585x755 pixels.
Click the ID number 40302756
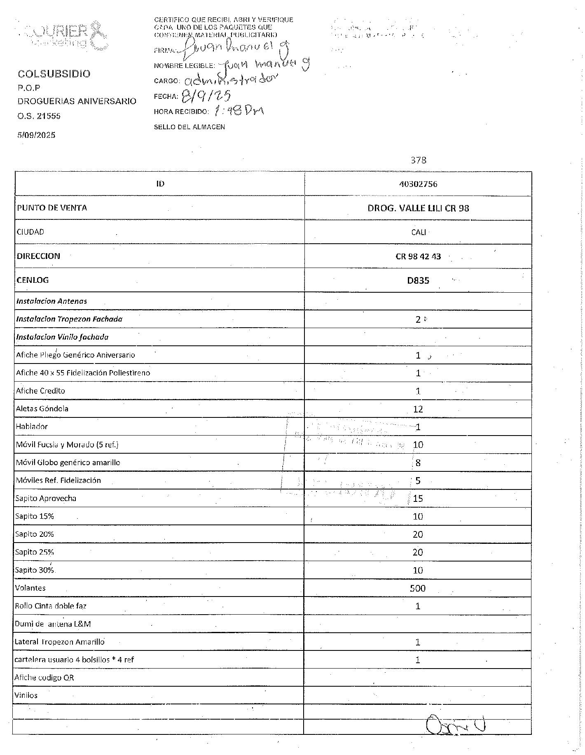click(x=418, y=184)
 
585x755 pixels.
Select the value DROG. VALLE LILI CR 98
click(x=418, y=208)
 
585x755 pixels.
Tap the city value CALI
click(x=418, y=232)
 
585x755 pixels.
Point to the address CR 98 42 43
click(x=418, y=256)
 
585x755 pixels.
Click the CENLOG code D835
click(x=418, y=281)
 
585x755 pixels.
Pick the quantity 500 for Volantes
click(x=417, y=588)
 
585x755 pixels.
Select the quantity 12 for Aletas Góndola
click(x=418, y=409)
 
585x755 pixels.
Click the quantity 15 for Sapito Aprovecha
click(x=418, y=499)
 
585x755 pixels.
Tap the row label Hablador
click(x=32, y=426)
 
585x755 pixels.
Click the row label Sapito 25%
click(x=35, y=552)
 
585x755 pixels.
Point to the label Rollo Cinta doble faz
click(x=51, y=606)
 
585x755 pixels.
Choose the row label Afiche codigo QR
click(x=44, y=678)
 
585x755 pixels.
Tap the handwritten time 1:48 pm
click(x=239, y=111)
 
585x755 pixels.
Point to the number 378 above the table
click(x=418, y=160)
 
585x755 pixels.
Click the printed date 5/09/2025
click(x=36, y=135)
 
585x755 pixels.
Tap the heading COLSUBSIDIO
click(x=54, y=74)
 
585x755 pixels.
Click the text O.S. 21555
click(x=39, y=116)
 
